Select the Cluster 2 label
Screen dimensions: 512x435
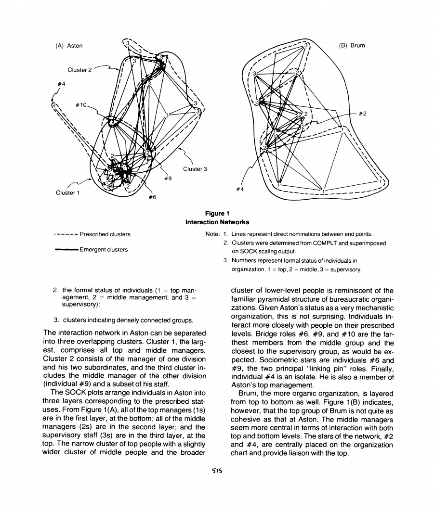[79, 70]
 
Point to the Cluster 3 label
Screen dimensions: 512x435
[195, 169]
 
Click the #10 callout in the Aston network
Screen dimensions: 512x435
[81, 105]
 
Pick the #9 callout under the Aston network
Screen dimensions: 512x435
[168, 179]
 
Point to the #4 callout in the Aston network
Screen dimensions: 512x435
[59, 83]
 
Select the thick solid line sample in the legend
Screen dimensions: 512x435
[65, 250]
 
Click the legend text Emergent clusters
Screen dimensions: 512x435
[104, 250]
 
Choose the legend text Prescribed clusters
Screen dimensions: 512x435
[105, 235]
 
